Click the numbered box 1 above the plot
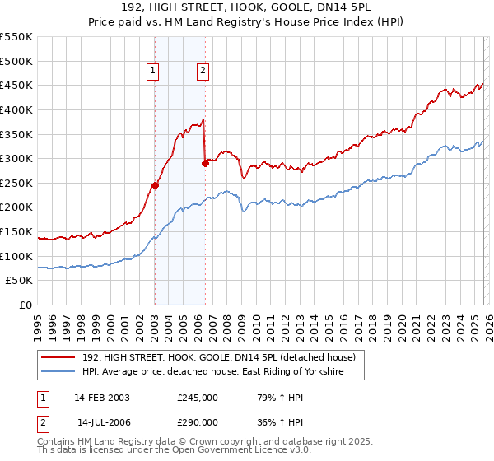pyautogui.click(x=154, y=71)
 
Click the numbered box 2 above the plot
pyautogui.click(x=203, y=71)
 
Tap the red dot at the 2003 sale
pyautogui.click(x=155, y=185)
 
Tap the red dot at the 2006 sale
pyautogui.click(x=205, y=163)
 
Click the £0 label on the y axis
pyautogui.click(x=26, y=305)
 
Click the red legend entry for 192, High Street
pyautogui.click(x=218, y=357)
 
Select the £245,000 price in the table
pyautogui.click(x=197, y=397)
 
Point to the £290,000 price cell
pyautogui.click(x=197, y=421)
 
